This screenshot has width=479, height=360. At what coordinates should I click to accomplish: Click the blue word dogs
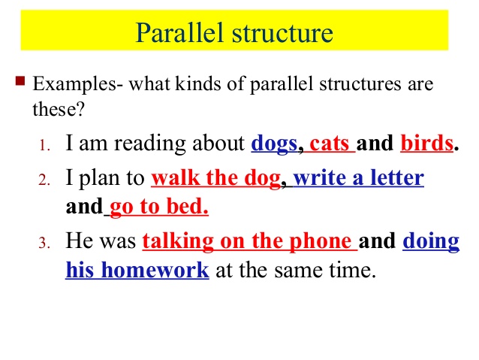click(x=274, y=142)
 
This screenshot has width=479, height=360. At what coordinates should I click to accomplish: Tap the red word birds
click(x=427, y=142)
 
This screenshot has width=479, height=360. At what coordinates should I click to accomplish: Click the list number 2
click(x=44, y=180)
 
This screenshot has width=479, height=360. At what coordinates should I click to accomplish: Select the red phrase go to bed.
click(x=158, y=206)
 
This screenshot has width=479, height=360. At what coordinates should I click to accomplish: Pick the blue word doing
click(x=431, y=242)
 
